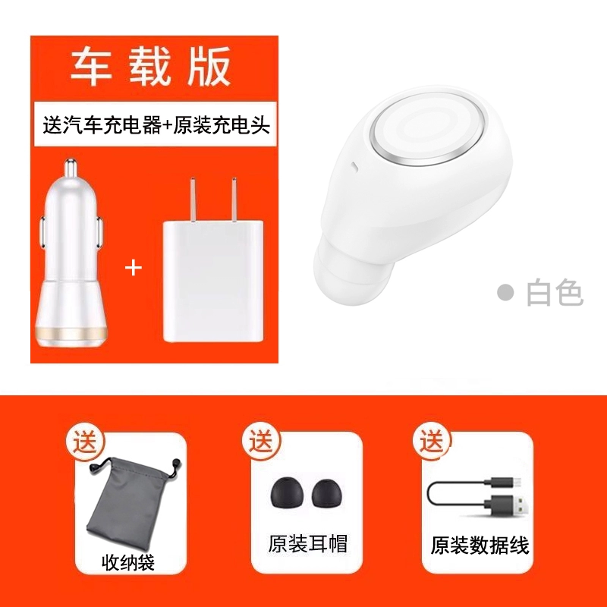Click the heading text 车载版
pyautogui.click(x=151, y=67)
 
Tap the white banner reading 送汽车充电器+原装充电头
pyautogui.click(x=156, y=124)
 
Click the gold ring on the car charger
pyautogui.click(x=71, y=334)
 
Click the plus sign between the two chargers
pyautogui.click(x=134, y=268)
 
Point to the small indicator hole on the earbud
pyautogui.click(x=354, y=167)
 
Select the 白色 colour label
pyautogui.click(x=555, y=293)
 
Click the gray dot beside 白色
pyautogui.click(x=505, y=293)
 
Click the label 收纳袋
pyautogui.click(x=128, y=562)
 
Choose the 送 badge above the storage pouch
pyautogui.click(x=85, y=442)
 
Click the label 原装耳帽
pyautogui.click(x=308, y=543)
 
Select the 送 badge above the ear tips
pyautogui.click(x=261, y=442)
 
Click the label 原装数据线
pyautogui.click(x=480, y=546)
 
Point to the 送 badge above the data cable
pyautogui.click(x=432, y=442)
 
